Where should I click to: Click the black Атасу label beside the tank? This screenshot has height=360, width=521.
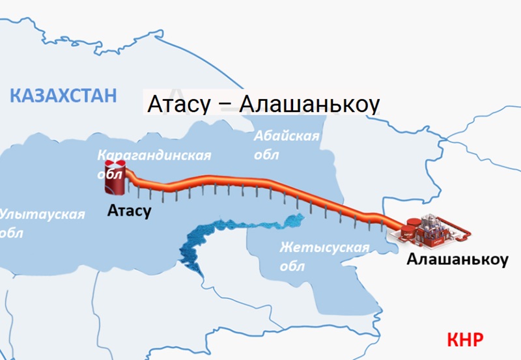[x=130, y=211]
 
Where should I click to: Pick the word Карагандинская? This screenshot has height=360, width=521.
[x=154, y=156]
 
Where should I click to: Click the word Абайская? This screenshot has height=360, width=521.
[x=287, y=137]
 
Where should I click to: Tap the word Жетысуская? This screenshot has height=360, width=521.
[x=324, y=248]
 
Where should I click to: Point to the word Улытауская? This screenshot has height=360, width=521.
[x=43, y=214]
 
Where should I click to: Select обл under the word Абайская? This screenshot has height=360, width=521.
[x=267, y=155]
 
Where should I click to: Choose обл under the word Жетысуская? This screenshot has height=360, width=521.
[x=292, y=267]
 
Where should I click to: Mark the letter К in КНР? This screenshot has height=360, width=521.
[x=453, y=339]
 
